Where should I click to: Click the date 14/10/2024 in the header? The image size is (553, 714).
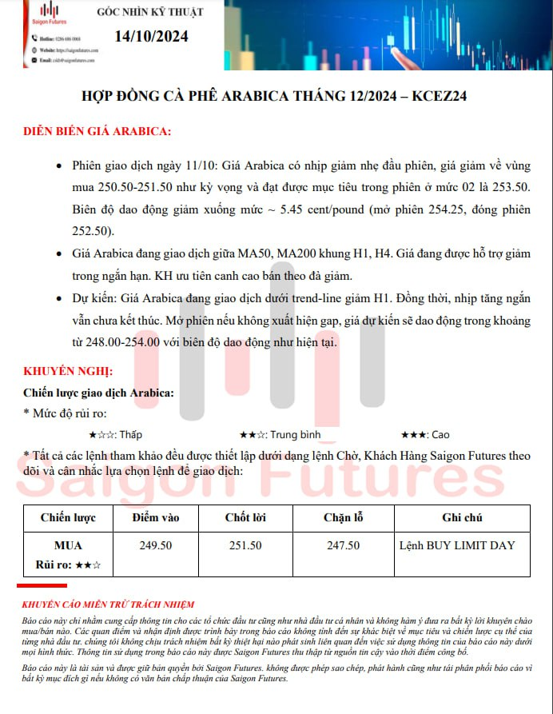pos(151,36)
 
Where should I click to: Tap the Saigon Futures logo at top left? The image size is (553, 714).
pos(49,14)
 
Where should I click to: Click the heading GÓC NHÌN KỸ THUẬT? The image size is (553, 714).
pos(150,12)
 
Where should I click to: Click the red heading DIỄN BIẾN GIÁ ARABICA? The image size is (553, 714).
pos(97,131)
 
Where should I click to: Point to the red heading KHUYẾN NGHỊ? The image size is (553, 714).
pos(68,373)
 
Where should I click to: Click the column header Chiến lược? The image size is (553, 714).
pos(68,518)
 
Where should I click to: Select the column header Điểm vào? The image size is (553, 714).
pos(156,518)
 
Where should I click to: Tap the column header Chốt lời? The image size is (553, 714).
pos(245,518)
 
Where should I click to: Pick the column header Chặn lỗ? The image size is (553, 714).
pos(343,518)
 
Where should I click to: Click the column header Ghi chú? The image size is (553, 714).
pos(462,518)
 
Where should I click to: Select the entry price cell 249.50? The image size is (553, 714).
pos(156,545)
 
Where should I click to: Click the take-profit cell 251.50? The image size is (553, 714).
pos(245,545)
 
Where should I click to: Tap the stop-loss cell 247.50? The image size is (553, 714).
pos(343,545)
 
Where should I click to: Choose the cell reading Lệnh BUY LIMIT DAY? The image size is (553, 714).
pos(457,545)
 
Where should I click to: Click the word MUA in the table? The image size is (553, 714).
pos(68,545)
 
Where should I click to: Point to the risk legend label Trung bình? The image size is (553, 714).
pos(295,435)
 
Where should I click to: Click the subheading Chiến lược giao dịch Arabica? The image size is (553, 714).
pos(98,393)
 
